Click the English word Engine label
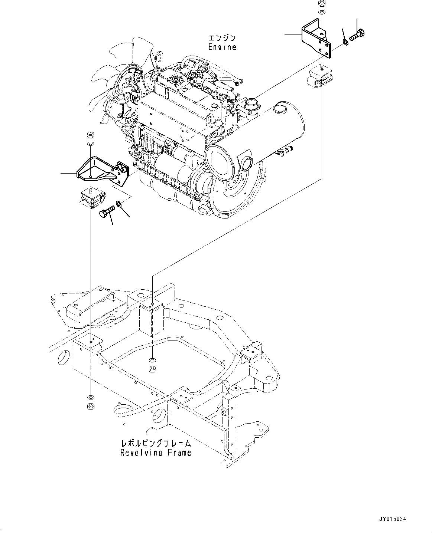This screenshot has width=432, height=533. [x=222, y=47]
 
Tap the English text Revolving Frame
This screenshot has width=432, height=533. [x=156, y=453]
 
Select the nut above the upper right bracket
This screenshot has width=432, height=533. [x=322, y=4]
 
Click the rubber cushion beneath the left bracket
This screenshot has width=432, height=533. [x=92, y=198]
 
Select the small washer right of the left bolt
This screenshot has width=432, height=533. [x=119, y=203]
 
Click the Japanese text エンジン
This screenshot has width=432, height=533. [x=222, y=38]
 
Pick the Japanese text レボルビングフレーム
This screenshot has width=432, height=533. [x=156, y=443]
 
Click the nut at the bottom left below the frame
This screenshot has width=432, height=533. [x=90, y=406]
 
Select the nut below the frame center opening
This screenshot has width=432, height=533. [x=152, y=369]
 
